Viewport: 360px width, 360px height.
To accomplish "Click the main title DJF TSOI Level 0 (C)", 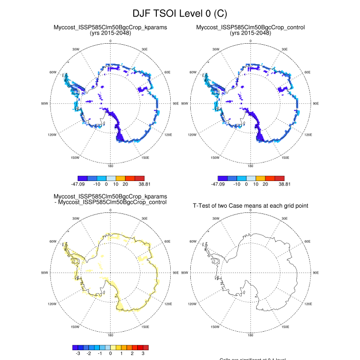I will [179, 13].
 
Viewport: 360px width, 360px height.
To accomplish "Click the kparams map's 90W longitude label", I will [44, 103].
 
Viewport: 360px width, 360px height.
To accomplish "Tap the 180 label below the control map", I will [250, 166].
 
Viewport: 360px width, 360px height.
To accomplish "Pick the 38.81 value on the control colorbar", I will [284, 183].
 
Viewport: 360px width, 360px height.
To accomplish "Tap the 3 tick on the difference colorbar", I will [143, 354].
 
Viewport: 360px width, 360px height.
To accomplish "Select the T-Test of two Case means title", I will [250, 206].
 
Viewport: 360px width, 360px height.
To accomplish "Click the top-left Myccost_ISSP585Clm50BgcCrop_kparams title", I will [110, 27].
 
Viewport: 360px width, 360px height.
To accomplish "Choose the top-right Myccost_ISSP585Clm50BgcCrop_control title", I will [250, 27].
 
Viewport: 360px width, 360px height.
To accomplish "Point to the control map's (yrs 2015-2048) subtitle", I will [250, 33].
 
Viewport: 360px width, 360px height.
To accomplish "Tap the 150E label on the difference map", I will [145, 327].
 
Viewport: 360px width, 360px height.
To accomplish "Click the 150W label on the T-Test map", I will [215, 327].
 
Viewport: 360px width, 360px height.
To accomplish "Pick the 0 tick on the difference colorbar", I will [111, 354].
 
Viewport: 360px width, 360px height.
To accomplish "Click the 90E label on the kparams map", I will [176, 103].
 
